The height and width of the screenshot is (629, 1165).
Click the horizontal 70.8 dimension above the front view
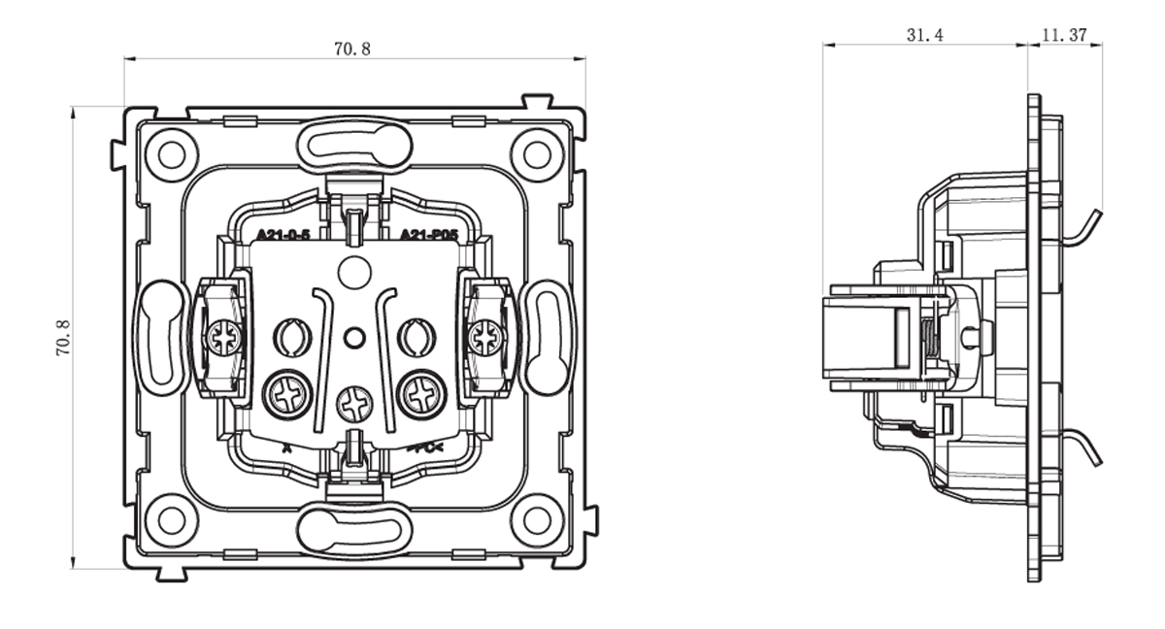(x=352, y=49)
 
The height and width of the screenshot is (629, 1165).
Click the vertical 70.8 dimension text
(x=62, y=337)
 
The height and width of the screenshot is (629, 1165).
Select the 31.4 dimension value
(x=924, y=35)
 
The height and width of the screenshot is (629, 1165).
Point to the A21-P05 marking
(x=428, y=235)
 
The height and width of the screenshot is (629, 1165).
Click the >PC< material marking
(x=425, y=447)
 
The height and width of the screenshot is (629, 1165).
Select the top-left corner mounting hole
(x=172, y=154)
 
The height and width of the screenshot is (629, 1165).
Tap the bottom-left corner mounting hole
(x=172, y=519)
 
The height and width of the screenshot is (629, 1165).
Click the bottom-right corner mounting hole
(x=536, y=519)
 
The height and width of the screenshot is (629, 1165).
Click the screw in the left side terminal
(x=224, y=338)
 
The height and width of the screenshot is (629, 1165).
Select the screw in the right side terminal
(x=485, y=338)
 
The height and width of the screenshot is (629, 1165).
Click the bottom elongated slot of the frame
(x=354, y=530)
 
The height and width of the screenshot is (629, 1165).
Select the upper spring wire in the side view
(x=1082, y=227)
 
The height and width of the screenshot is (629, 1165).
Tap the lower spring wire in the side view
(x=1082, y=446)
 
